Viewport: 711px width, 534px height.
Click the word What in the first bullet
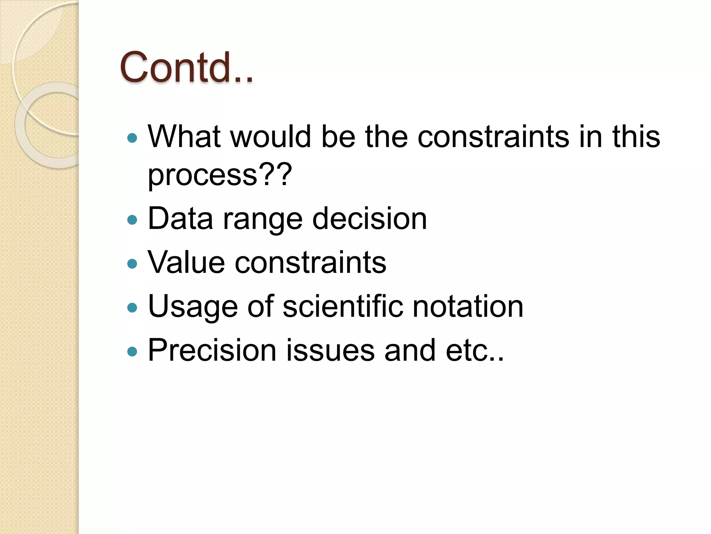[184, 137]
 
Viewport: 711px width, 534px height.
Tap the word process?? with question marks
[219, 175]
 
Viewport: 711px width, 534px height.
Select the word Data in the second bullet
[180, 219]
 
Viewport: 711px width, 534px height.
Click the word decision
[369, 219]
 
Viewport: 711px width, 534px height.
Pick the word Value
[186, 262]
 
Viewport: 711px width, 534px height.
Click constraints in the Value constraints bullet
[310, 262]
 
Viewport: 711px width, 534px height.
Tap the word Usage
[193, 307]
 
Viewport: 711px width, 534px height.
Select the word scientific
[343, 306]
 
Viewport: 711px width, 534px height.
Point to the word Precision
[212, 350]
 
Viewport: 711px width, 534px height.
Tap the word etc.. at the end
[475, 351]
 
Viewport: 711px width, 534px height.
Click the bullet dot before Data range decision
[132, 220]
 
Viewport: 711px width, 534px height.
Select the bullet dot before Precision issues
[132, 351]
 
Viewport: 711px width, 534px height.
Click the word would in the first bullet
[270, 137]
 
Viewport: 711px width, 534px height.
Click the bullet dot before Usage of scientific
[132, 308]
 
